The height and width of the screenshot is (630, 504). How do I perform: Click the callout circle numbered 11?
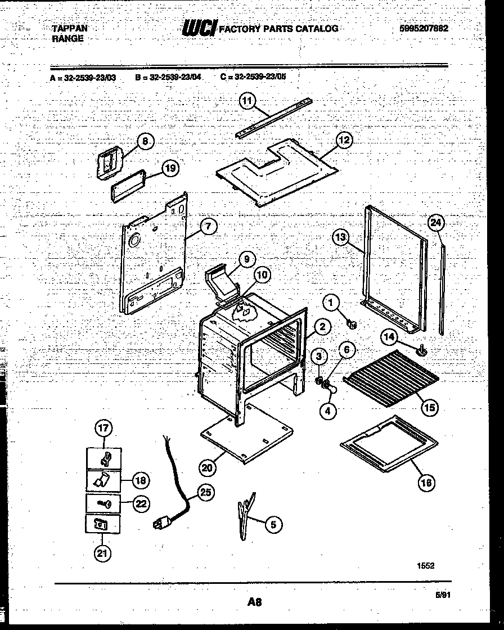click(x=247, y=100)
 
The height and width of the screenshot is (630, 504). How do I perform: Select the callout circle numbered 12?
click(x=344, y=140)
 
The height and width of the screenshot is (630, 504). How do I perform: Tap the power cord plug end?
click(x=161, y=524)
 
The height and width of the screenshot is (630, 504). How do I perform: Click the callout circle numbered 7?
click(x=208, y=227)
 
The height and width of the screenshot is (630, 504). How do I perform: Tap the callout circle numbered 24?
click(x=436, y=223)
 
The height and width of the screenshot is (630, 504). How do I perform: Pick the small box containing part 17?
click(x=103, y=458)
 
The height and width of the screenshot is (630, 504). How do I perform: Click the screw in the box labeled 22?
click(x=104, y=502)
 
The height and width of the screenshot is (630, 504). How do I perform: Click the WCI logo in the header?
click(x=199, y=29)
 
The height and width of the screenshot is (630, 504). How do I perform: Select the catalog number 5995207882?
click(x=421, y=28)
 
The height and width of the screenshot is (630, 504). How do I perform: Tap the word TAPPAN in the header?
click(x=69, y=28)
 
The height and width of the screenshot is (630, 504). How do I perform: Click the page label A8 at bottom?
click(x=254, y=602)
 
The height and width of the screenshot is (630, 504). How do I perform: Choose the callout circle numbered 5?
click(x=273, y=525)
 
